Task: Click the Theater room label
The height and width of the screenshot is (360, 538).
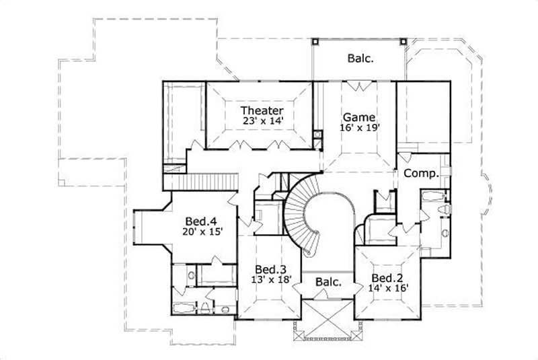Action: pos(262,110)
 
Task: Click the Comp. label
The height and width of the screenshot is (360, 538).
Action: pos(421,173)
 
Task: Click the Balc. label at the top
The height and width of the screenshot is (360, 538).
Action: pos(360,59)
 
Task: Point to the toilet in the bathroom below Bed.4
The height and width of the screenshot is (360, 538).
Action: pos(204,309)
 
